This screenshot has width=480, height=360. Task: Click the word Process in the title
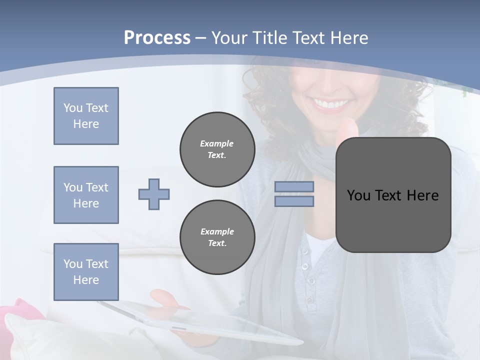157,37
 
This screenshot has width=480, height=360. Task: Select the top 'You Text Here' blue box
86,116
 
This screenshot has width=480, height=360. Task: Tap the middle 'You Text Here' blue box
86,195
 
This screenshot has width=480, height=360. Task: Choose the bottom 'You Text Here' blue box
86,271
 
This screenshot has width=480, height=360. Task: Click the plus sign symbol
154,194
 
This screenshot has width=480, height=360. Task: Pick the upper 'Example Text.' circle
217,149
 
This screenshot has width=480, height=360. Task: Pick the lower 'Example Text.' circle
217,237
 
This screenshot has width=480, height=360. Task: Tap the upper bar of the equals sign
294,186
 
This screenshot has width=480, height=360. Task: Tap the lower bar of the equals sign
294,201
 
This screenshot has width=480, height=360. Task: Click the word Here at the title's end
349,37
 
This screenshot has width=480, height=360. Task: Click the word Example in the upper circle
216,143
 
